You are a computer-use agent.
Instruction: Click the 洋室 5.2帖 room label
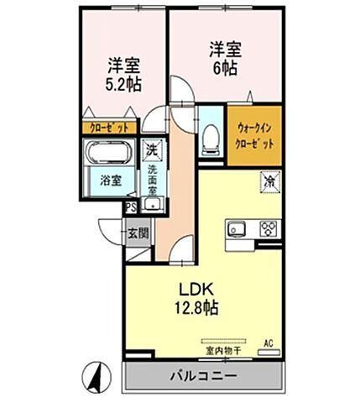123,76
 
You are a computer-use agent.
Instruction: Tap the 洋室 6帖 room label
220,58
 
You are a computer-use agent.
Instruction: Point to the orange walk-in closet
256,136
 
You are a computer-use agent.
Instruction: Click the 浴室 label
110,181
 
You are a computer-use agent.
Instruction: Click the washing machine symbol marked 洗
152,150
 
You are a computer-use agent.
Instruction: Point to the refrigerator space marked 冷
270,181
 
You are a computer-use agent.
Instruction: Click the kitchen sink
236,228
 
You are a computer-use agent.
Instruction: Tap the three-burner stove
269,228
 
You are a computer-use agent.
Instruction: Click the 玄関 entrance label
138,233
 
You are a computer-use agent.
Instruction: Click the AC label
269,342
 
